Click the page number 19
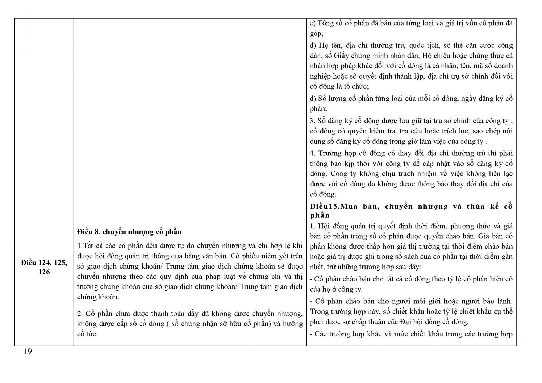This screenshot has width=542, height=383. [x=28, y=352]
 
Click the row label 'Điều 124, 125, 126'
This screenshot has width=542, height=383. [x=44, y=267]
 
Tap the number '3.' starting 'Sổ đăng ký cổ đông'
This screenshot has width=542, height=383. [x=312, y=121]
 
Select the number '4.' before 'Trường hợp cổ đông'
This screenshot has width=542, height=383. [x=312, y=153]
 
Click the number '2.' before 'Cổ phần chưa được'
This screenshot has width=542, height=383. [x=80, y=313]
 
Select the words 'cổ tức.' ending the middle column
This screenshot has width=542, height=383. [x=87, y=334]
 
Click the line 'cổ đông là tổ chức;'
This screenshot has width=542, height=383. [x=339, y=86]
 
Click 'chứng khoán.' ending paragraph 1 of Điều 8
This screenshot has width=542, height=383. [x=98, y=297]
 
